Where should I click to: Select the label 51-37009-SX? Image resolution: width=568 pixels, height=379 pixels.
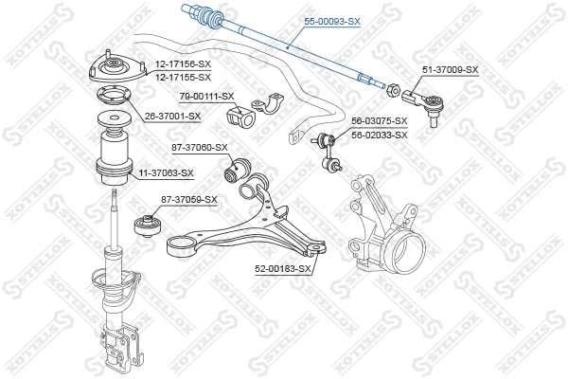pos(451,70)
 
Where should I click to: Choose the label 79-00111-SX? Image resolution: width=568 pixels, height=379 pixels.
pos(206,97)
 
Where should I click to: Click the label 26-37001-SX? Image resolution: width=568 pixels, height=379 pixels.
pos(173,117)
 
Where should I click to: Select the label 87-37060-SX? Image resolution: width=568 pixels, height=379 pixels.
pos(200,147)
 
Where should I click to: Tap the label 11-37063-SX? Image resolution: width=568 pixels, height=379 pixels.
pos(166,173)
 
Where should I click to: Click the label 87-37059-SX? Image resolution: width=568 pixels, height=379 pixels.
pos(189,199)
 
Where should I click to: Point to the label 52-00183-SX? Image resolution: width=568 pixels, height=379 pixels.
pos(283,269)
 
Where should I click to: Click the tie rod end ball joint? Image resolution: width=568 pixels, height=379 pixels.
pos(417,99)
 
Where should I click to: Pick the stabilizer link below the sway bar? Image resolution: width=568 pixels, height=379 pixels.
pos(329,152)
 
